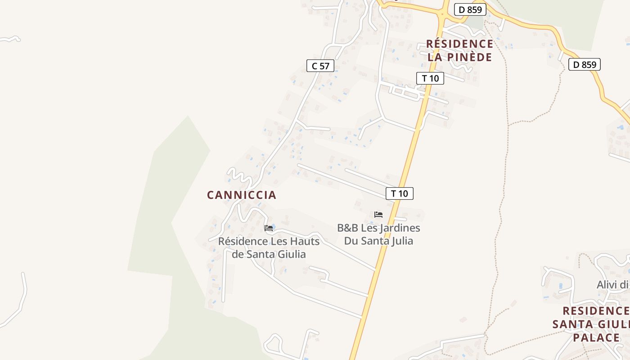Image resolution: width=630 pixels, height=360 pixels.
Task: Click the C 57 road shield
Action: (320, 66)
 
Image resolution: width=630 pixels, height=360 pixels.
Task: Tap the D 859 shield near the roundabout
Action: (470, 9)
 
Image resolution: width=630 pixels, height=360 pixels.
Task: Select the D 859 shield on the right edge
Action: (585, 64)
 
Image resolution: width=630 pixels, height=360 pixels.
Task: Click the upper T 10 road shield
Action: (430, 78)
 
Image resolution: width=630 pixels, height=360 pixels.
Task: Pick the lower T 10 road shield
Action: (399, 193)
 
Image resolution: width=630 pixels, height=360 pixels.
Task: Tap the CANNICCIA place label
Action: (241, 195)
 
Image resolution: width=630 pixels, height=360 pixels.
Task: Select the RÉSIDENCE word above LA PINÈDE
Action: (459, 44)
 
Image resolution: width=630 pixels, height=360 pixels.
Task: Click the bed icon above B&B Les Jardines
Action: (378, 215)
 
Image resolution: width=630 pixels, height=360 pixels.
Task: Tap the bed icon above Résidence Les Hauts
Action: (269, 228)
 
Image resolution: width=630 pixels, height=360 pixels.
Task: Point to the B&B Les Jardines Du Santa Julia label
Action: (378, 234)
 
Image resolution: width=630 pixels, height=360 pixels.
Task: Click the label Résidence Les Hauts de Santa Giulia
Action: (269, 247)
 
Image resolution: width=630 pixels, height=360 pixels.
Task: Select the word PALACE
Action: (596, 337)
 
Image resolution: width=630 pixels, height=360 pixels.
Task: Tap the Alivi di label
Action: (612, 284)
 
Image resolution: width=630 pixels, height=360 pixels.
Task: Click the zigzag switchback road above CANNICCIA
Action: (239, 175)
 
